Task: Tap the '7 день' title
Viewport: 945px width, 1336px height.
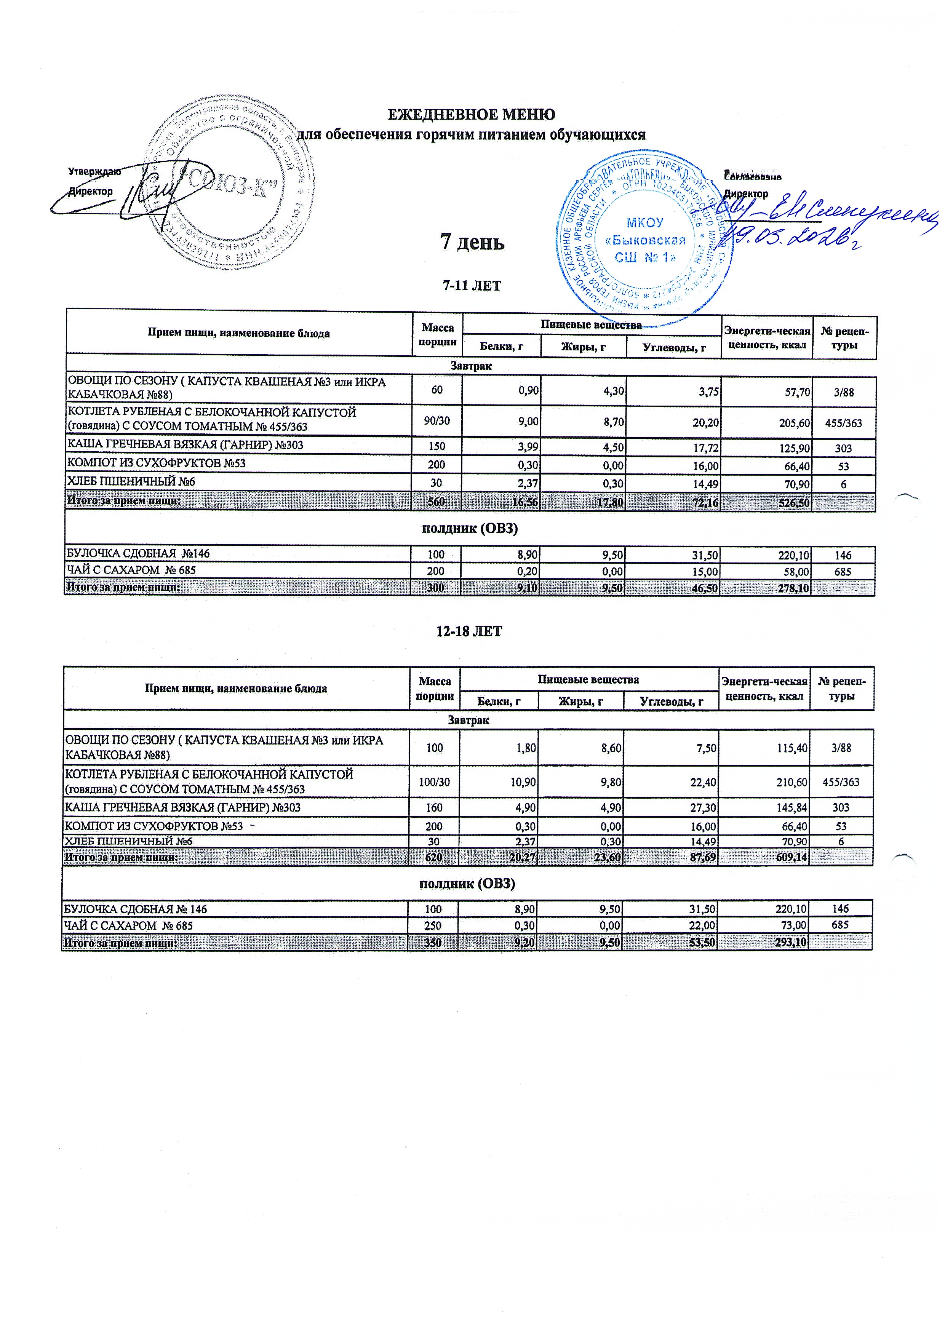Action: coord(472,241)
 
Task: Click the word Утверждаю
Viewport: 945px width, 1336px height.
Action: coord(94,172)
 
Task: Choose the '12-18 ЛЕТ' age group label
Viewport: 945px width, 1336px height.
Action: coord(469,631)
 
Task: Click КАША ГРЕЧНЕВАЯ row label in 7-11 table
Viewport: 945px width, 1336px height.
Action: coord(185,446)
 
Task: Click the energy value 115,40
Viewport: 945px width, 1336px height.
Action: coord(793,748)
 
